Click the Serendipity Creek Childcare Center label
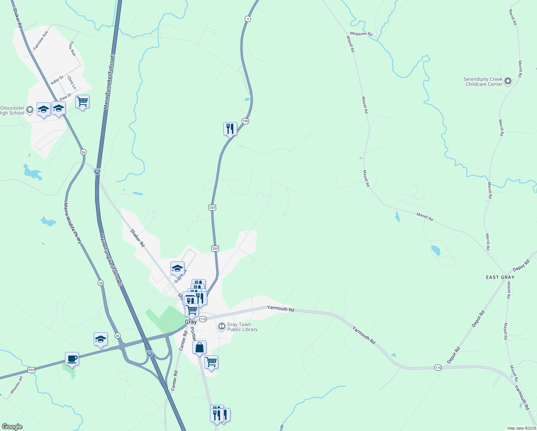click(483, 82)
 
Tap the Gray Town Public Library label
click(242, 327)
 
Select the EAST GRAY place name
click(500, 277)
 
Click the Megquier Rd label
click(361, 34)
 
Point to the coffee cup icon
click(72, 358)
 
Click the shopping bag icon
click(199, 348)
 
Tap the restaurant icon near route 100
click(230, 129)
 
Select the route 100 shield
click(245, 121)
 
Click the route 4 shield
click(248, 19)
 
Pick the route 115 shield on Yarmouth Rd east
click(438, 368)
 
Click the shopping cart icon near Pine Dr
click(82, 102)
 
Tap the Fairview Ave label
click(40, 40)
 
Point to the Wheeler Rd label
click(17, 385)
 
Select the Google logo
click(12, 427)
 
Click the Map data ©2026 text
click(521, 428)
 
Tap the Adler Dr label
click(57, 80)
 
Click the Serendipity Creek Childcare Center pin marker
click(508, 81)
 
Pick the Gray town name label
click(191, 322)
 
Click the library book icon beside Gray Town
click(222, 326)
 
